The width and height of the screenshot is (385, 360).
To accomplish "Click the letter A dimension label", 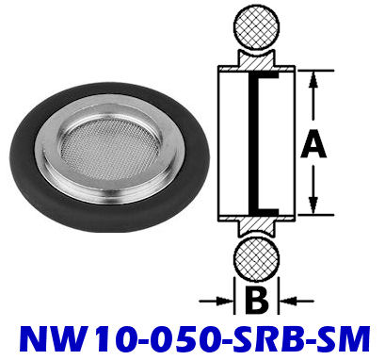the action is (313, 144).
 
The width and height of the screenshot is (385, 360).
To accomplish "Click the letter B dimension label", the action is (256, 301).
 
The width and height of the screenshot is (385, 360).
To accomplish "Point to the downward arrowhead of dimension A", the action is (313, 205).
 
